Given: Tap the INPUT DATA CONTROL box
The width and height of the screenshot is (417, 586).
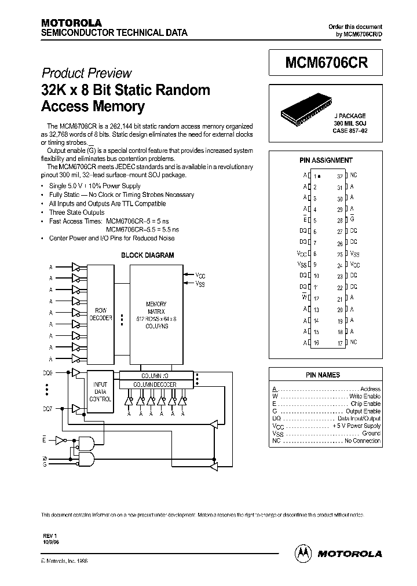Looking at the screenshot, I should [100, 391].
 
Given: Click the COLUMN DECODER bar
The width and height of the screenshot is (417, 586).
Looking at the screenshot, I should [155, 384].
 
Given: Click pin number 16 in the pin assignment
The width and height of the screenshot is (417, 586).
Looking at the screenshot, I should [316, 343].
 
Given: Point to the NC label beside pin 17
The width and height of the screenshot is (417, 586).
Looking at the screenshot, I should [353, 343].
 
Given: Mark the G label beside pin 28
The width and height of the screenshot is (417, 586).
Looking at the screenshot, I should [352, 219].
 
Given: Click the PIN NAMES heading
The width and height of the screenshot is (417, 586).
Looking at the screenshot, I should [327, 375].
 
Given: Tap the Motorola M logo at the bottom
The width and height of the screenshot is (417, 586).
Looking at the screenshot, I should [303, 553].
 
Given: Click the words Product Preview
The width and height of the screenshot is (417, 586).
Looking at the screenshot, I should [86, 74].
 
